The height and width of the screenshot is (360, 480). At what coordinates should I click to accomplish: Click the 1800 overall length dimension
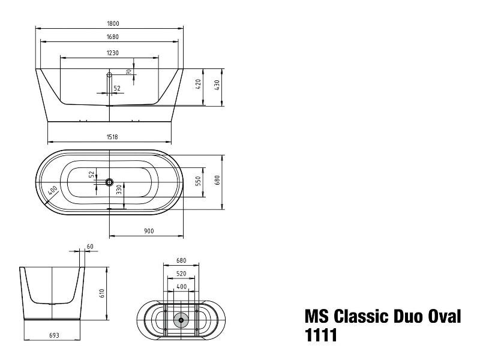click(x=113, y=23)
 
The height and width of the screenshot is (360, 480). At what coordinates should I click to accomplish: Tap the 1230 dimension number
click(x=113, y=53)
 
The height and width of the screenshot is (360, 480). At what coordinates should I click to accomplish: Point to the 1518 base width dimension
click(x=112, y=137)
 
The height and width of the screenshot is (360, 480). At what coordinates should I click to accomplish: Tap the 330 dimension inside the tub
click(x=119, y=191)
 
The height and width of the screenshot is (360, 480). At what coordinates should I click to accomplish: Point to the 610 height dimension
click(x=102, y=293)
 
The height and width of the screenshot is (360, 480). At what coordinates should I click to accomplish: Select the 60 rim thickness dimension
click(x=90, y=247)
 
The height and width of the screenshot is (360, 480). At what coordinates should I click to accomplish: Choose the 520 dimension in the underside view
click(x=181, y=274)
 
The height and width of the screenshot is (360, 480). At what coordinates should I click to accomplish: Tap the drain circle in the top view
click(x=109, y=181)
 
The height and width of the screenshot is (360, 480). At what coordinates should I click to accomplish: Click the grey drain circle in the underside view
click(x=180, y=320)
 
